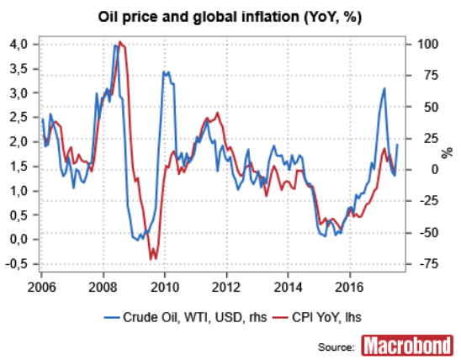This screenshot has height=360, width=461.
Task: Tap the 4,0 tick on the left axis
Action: coord(18,44)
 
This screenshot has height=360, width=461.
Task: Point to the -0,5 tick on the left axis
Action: coord(16,264)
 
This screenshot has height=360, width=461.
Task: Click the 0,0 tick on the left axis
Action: coord(18,239)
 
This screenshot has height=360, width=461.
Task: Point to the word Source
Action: coord(335,347)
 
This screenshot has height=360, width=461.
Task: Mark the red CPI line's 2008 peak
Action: coord(121,42)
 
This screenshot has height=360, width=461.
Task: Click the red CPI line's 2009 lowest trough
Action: coord(151,259)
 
